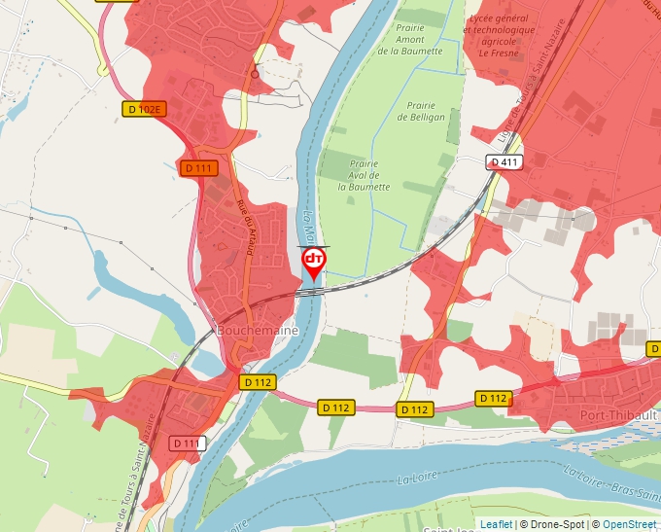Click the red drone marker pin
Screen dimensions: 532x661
314,261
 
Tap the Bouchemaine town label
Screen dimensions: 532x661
258,330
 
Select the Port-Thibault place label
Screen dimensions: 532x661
616,414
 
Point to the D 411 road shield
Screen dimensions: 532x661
504,162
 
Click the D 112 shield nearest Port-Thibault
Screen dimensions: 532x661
493,398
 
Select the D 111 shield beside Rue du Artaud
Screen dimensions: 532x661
198,168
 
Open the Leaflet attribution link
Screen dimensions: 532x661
496,524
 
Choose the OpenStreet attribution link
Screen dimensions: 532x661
628,524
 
